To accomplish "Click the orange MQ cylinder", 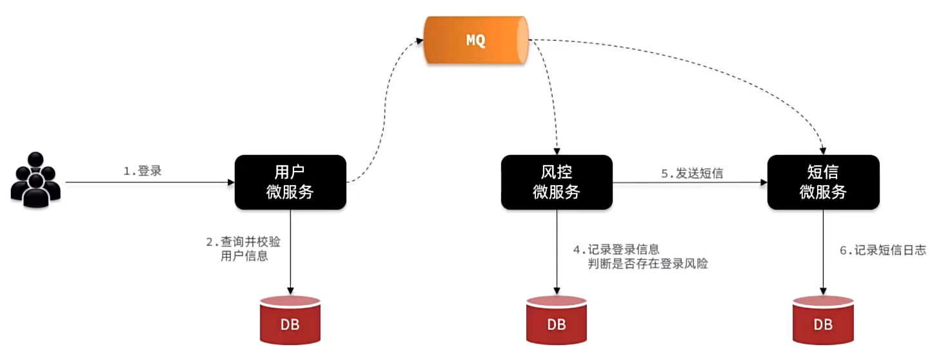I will pyautogui.click(x=475, y=40).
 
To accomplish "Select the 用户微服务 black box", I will pyautogui.click(x=290, y=182).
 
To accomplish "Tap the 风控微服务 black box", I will pyautogui.click(x=556, y=182).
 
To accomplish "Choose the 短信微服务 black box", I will pyautogui.click(x=823, y=182).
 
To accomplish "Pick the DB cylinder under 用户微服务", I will pyautogui.click(x=290, y=320).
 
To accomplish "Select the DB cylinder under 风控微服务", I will pyautogui.click(x=556, y=320).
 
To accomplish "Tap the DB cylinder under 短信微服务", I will pyautogui.click(x=823, y=320).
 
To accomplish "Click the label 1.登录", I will pyautogui.click(x=143, y=171).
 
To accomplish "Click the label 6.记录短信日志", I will pyautogui.click(x=882, y=250).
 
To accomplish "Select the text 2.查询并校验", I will pyautogui.click(x=243, y=242).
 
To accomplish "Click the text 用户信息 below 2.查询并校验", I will pyautogui.click(x=244, y=256).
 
